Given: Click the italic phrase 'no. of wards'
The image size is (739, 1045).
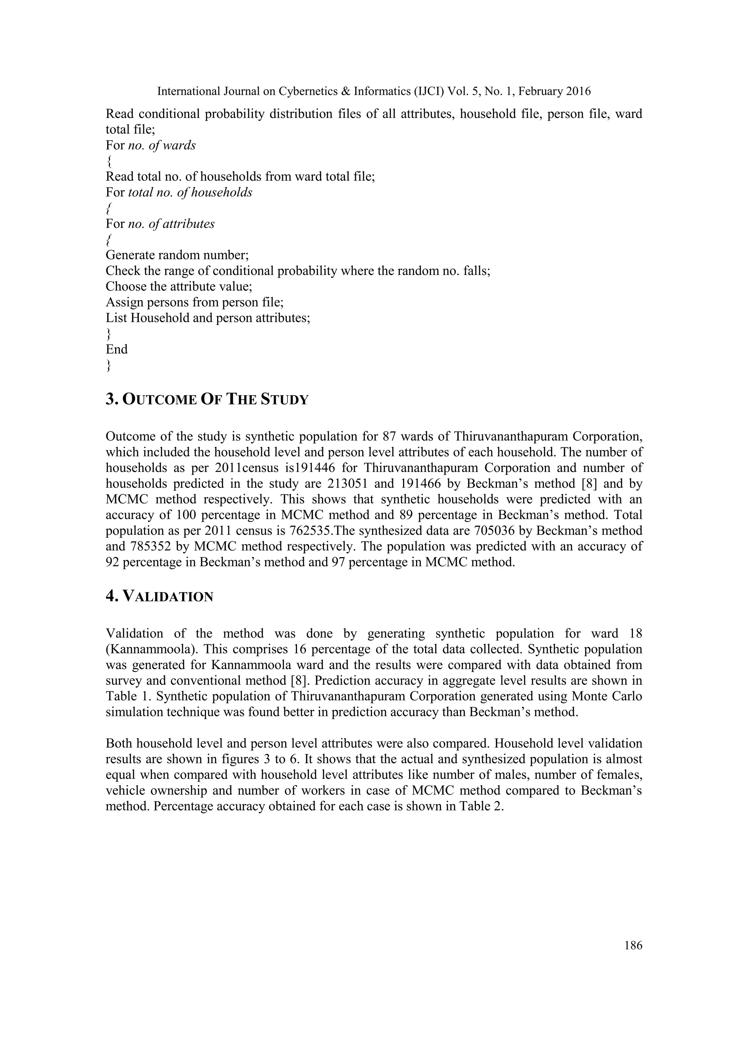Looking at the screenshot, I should pyautogui.click(x=162, y=146).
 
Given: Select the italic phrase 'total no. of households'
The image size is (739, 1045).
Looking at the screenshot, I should pyautogui.click(x=190, y=193).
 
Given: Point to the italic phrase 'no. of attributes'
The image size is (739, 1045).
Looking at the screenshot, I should pyautogui.click(x=171, y=224).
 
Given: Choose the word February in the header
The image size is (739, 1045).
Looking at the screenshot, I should pyautogui.click(x=540, y=92).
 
